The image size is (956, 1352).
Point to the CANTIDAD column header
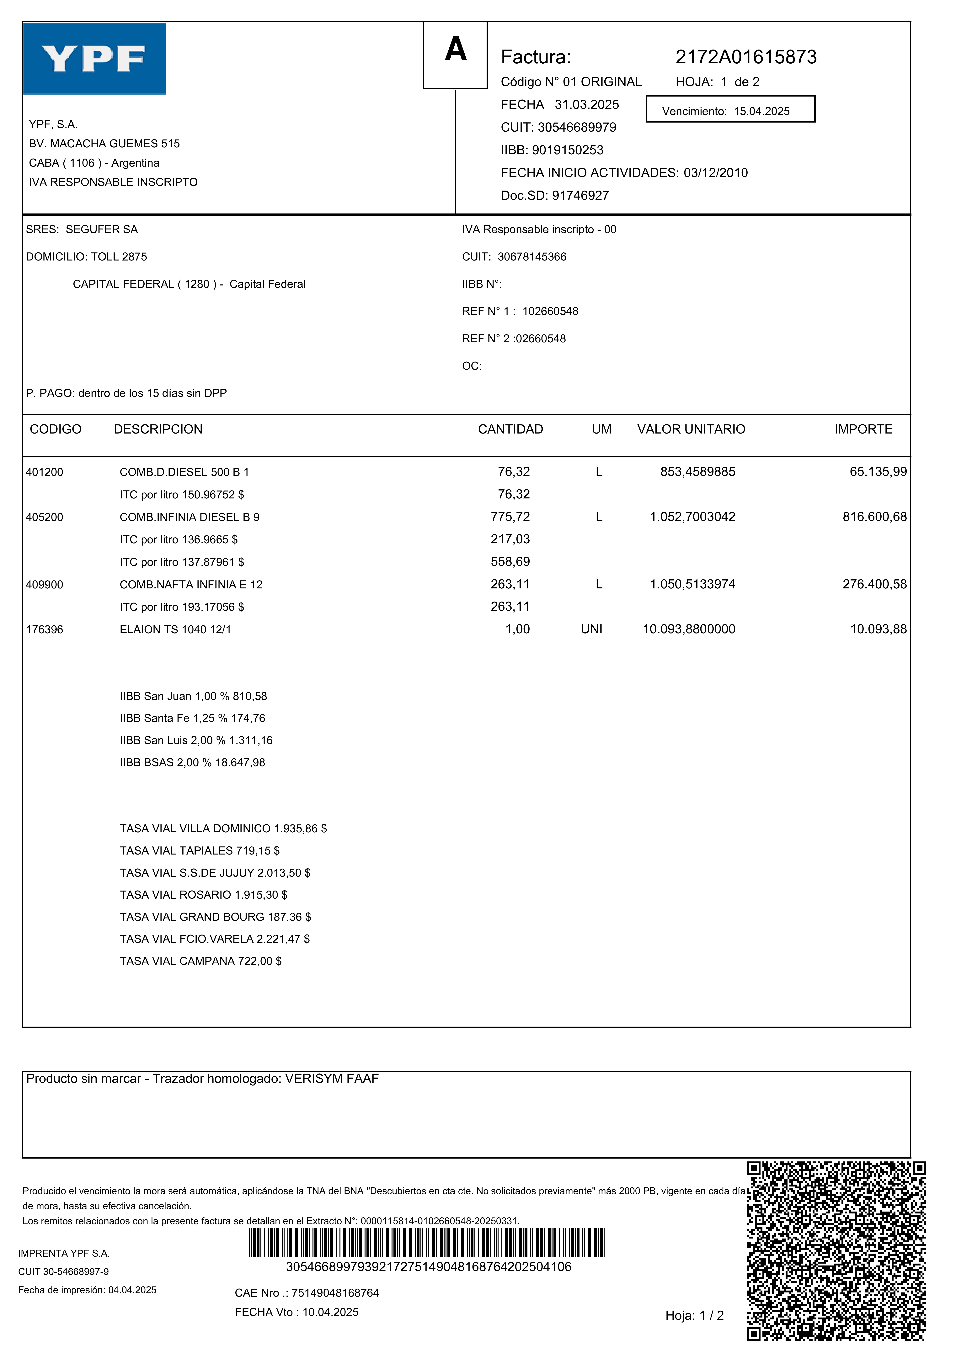[x=510, y=429]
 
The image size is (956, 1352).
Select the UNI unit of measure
[x=591, y=629]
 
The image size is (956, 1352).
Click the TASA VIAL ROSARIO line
[x=203, y=895]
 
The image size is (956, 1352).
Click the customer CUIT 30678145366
[x=532, y=257]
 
